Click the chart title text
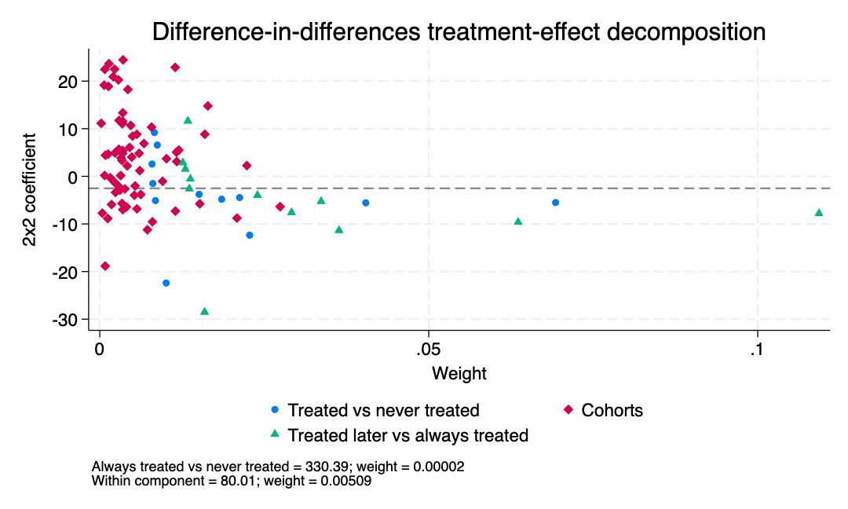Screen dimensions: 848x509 [459, 32]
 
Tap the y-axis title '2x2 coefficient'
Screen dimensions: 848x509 [29, 190]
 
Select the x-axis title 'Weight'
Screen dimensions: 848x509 [459, 373]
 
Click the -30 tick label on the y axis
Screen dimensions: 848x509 [65, 320]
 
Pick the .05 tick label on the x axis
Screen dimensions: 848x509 [429, 350]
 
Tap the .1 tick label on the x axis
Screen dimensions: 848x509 [757, 350]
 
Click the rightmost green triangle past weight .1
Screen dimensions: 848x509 [819, 213]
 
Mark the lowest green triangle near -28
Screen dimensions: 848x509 [204, 311]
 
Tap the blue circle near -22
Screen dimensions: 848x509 [166, 283]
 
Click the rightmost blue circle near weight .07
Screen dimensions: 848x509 [555, 203]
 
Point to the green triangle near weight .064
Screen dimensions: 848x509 [518, 222]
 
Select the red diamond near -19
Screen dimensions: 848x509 [105, 266]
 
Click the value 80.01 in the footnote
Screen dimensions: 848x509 [238, 481]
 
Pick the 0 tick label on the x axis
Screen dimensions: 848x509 [100, 350]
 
